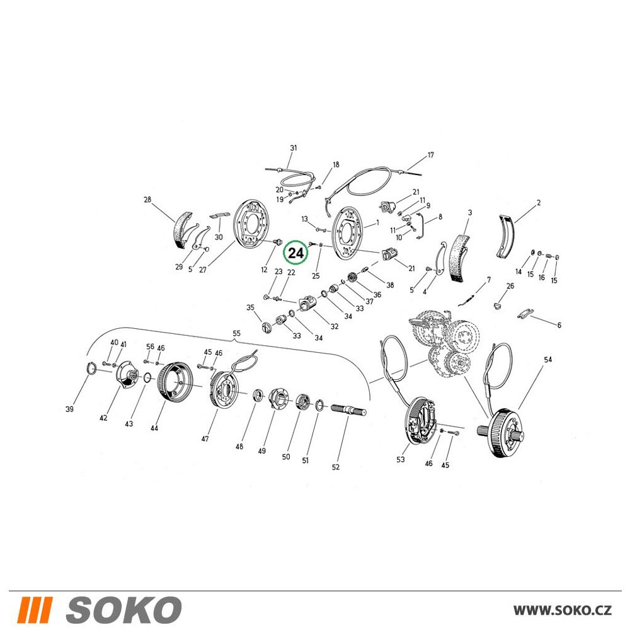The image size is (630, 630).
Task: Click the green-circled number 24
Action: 295,253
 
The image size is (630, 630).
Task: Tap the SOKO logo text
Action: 123,609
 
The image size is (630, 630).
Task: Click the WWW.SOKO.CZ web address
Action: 563,610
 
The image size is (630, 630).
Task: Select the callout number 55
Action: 237,333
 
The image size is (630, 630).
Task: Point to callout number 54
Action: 548,359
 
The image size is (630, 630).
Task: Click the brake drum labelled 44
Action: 175,381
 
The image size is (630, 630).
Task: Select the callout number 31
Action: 294,147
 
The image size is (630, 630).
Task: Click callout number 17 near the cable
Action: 431,155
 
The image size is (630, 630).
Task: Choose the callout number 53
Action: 401,459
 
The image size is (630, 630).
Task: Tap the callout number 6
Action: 559,325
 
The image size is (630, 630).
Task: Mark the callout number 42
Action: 103,418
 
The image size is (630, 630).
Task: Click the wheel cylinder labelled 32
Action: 307,304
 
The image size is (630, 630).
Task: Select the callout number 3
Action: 470,212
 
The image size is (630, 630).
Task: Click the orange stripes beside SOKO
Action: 35,609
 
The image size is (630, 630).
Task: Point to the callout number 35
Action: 250,307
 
